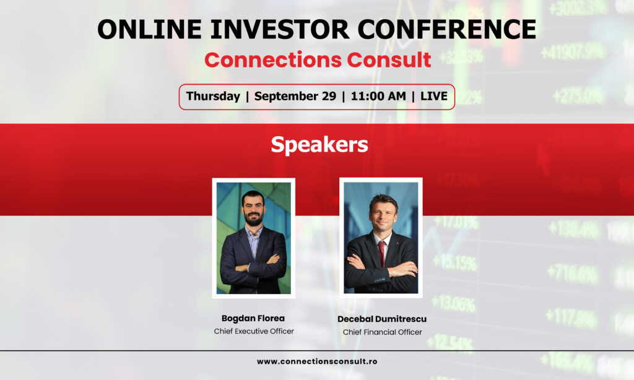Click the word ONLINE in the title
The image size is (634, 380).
(149, 30)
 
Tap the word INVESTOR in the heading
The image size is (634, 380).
(279, 30)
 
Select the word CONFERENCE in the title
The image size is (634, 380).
(447, 30)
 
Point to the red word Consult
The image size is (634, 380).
(389, 60)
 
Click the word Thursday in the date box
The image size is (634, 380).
(213, 96)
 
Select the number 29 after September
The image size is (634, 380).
(329, 96)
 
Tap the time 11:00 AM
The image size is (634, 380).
(378, 96)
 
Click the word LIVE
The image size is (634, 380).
(434, 96)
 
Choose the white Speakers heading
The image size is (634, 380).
(319, 145)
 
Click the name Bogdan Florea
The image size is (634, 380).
(253, 319)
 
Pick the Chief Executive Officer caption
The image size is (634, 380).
(254, 331)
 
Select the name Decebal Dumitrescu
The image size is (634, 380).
(382, 319)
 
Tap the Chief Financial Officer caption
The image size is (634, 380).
(383, 332)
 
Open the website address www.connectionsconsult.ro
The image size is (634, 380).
(317, 361)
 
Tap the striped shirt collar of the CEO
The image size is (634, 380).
(254, 233)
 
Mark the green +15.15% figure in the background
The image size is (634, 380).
(454, 263)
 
